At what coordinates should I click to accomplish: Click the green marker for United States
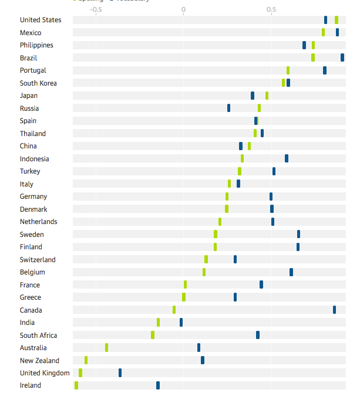pyautogui.click(x=337, y=20)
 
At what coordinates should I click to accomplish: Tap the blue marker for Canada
pyautogui.click(x=335, y=310)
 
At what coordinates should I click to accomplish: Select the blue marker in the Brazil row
pyautogui.click(x=342, y=57)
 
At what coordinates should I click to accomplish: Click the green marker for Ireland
pyautogui.click(x=76, y=385)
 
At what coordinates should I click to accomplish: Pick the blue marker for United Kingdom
pyautogui.click(x=120, y=372)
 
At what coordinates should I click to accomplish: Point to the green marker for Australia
pyautogui.click(x=106, y=347)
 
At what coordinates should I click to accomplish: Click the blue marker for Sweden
pyautogui.click(x=298, y=234)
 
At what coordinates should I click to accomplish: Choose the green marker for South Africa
pyautogui.click(x=153, y=335)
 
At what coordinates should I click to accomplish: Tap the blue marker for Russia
pyautogui.click(x=228, y=108)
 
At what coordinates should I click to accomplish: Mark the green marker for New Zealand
pyautogui.click(x=86, y=360)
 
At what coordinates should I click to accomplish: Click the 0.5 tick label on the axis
pyautogui.click(x=271, y=10)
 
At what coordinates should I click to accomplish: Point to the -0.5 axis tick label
pyautogui.click(x=96, y=10)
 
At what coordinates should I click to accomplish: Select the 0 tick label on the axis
pyautogui.click(x=183, y=10)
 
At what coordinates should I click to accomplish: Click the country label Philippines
pyautogui.click(x=36, y=45)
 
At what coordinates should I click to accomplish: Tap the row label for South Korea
pyautogui.click(x=38, y=83)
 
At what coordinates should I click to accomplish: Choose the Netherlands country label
pyautogui.click(x=38, y=222)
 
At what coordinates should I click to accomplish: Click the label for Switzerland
pyautogui.click(x=38, y=260)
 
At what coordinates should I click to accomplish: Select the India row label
pyautogui.click(x=27, y=323)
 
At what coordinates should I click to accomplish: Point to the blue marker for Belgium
pyautogui.click(x=291, y=272)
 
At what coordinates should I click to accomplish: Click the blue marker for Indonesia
pyautogui.click(x=287, y=158)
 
